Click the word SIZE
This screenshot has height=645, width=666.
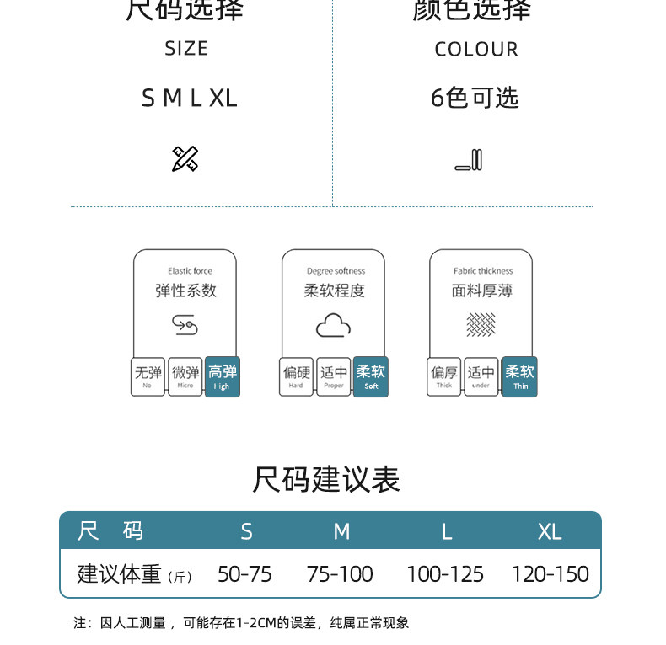pos(186,49)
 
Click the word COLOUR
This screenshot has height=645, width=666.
pos(476,50)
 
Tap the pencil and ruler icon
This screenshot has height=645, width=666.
pos(185,158)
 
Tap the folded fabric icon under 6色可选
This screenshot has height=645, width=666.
pos(469,159)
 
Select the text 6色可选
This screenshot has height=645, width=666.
pos(475,99)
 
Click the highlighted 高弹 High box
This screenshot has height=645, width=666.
pos(223,376)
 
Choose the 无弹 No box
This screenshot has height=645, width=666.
pos(148,376)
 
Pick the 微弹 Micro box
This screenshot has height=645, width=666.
pos(185,376)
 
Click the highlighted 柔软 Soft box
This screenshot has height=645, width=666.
pos(371,376)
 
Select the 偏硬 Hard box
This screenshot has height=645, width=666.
pos(296,376)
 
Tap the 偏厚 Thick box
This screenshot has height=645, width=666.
pos(444,376)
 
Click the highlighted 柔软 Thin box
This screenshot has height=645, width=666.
pos(519,376)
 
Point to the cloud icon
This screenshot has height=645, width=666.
pos(333,325)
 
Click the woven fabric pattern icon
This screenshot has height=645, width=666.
pos(481,324)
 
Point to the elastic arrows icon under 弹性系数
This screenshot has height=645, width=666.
pos(185,324)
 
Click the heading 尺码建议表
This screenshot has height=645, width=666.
pos(326,479)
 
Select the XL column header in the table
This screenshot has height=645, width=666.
pos(550,531)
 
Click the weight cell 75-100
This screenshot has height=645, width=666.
pos(340,574)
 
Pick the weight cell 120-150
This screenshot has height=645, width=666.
pos(550,574)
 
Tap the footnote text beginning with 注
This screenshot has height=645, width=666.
pos(241,623)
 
